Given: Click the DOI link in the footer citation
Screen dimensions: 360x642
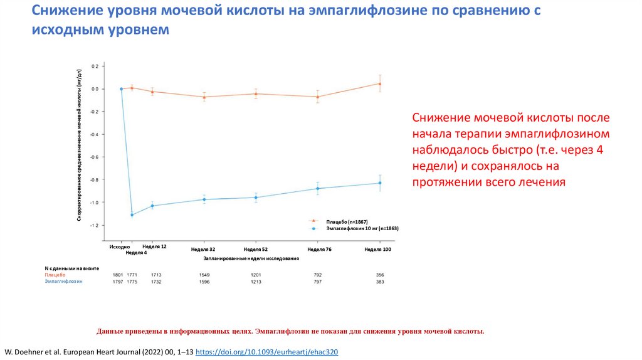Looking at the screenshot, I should click(x=267, y=352).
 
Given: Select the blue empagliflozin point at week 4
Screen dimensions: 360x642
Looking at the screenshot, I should click(x=132, y=214).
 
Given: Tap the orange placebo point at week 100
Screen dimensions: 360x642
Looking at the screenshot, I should click(x=380, y=83).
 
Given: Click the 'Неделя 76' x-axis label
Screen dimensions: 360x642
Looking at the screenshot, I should click(x=319, y=250).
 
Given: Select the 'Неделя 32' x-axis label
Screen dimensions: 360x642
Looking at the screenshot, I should click(x=203, y=250).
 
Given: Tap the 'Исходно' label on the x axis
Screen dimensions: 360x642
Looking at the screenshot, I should click(x=119, y=247).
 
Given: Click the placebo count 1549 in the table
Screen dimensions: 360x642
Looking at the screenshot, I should click(x=204, y=275).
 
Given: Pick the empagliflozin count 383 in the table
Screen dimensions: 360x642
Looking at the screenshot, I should click(x=380, y=282).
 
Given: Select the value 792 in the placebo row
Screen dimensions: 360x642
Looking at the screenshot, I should click(x=318, y=275).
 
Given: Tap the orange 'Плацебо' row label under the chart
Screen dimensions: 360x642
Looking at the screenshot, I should click(x=54, y=275).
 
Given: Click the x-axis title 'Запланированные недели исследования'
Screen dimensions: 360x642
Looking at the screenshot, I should click(x=251, y=258).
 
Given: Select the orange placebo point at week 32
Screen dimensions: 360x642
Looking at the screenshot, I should click(x=204, y=97).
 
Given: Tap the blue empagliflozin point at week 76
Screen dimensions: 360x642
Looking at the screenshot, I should click(x=318, y=188).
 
